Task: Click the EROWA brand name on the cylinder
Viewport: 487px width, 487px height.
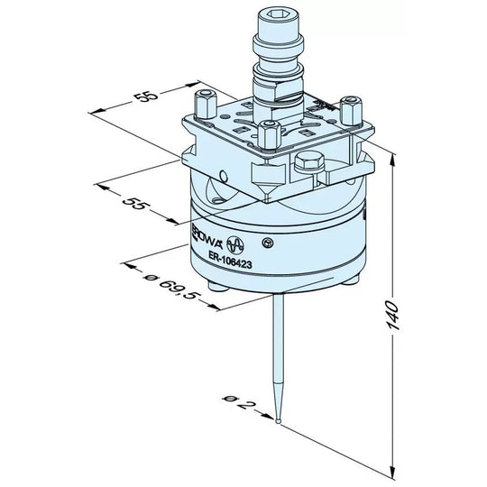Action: point(207,238)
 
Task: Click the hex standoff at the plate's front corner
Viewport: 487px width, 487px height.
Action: point(268,134)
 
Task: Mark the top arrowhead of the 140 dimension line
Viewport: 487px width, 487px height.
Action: point(394,161)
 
